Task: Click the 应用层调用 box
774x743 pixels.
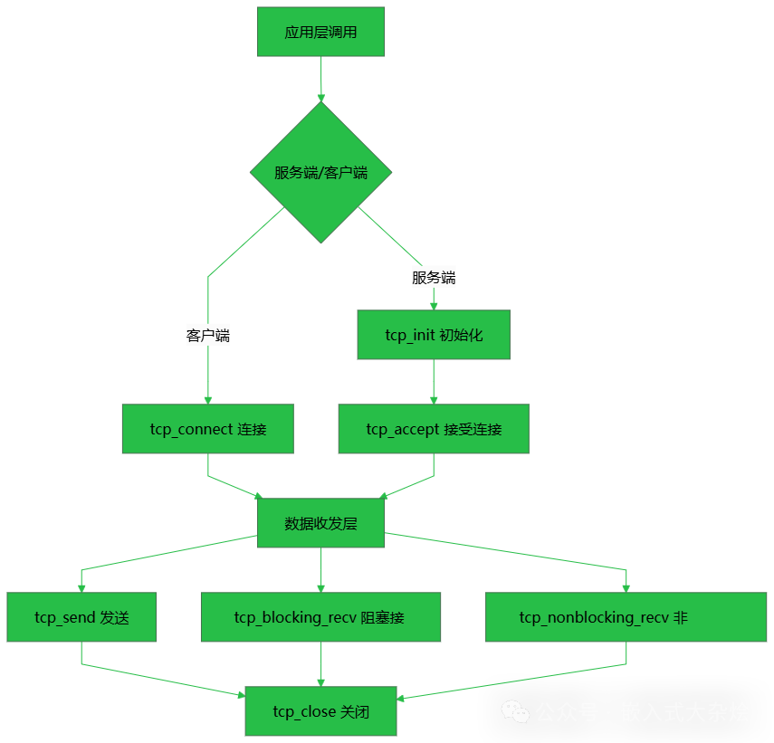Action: click(320, 32)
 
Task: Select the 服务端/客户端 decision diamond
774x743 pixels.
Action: click(320, 172)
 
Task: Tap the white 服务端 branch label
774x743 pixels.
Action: click(434, 278)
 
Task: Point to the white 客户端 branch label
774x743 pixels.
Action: click(208, 336)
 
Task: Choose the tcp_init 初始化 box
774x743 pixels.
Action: click(434, 335)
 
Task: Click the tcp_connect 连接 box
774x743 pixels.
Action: click(208, 429)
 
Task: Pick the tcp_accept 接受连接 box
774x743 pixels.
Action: click(434, 429)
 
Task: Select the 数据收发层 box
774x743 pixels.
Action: click(320, 523)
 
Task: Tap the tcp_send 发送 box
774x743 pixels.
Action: click(81, 617)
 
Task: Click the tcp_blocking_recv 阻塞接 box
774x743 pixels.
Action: click(320, 617)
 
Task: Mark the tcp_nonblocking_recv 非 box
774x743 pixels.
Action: click(626, 617)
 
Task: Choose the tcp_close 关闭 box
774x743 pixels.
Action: click(320, 711)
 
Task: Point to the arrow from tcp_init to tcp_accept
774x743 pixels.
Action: click(434, 381)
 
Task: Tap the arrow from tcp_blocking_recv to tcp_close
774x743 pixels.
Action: click(320, 664)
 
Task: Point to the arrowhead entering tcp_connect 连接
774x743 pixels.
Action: click(208, 399)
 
